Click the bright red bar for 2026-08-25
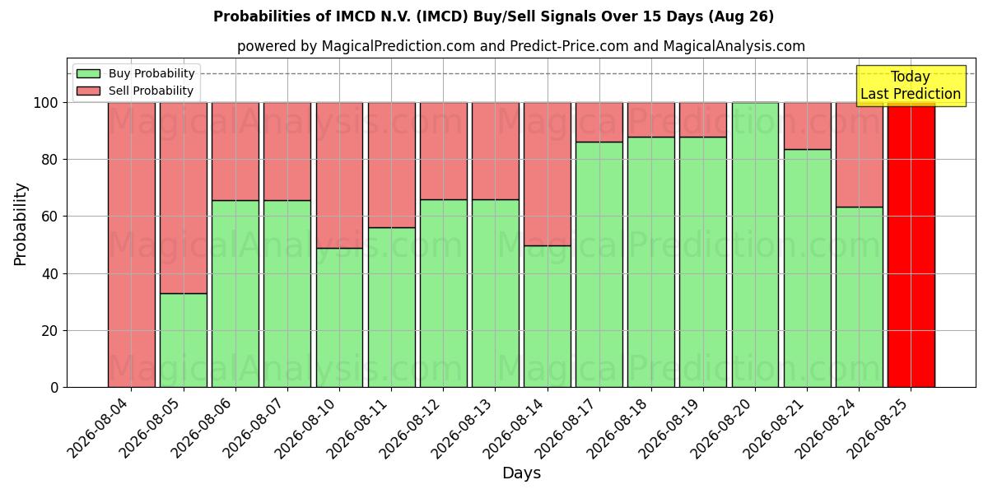point(911,245)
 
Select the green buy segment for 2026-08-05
point(184,341)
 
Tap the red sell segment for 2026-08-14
point(548,175)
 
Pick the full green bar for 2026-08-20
point(755,245)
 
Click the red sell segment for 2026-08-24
point(860,155)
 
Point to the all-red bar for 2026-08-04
point(132,245)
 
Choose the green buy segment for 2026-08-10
point(339,318)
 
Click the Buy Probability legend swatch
point(88,73)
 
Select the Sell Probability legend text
point(151,91)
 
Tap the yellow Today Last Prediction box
point(911,86)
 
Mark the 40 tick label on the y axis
point(50,274)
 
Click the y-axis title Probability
point(21,225)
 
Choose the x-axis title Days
point(521,473)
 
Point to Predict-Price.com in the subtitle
point(569,46)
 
